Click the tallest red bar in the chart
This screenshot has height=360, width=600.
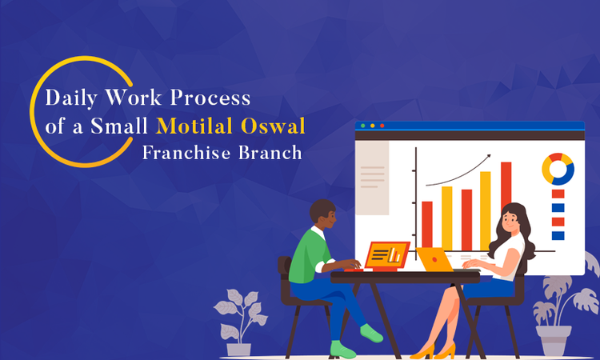[506, 204]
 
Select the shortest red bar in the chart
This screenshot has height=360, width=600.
[427, 224]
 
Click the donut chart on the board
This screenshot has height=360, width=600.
[558, 168]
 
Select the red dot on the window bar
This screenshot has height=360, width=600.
[382, 126]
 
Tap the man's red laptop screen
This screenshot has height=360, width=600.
[387, 254]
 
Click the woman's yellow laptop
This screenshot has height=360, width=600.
[436, 258]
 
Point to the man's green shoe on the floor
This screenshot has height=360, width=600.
[342, 350]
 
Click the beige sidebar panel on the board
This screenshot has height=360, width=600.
[372, 178]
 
